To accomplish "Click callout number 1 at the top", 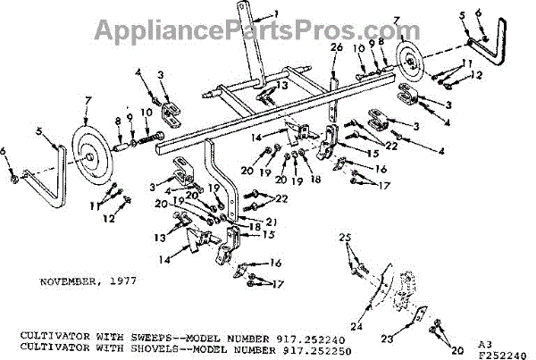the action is pos(276,13).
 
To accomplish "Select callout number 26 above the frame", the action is pos(336,47).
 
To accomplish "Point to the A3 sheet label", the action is pos(483,342).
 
